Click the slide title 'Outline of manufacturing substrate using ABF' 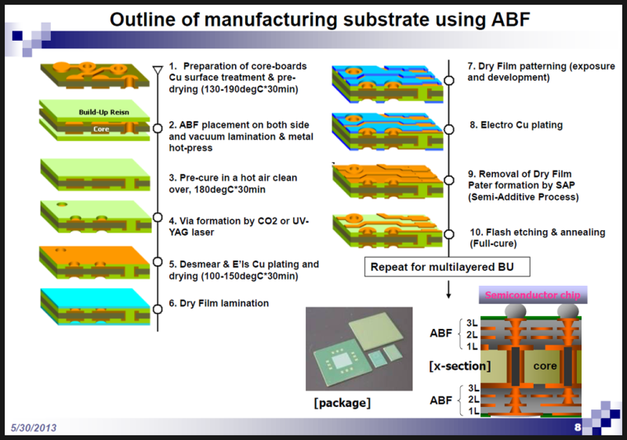pyautogui.click(x=321, y=19)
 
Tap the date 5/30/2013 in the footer pyautogui.click(x=36, y=427)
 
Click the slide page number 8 pyautogui.click(x=578, y=427)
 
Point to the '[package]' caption pyautogui.click(x=342, y=403)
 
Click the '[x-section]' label pyautogui.click(x=460, y=366)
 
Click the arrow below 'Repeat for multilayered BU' pyautogui.click(x=448, y=291)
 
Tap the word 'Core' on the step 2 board pyautogui.click(x=100, y=128)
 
